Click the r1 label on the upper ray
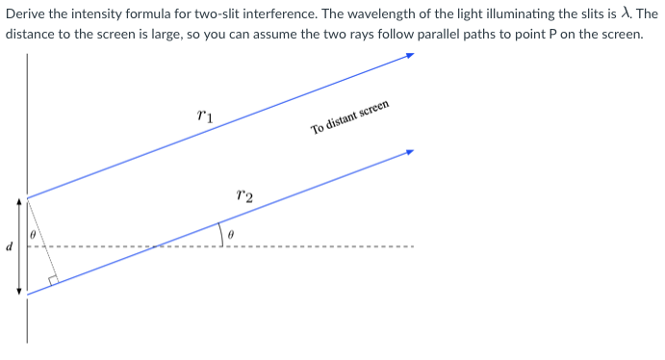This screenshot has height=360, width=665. pyautogui.click(x=204, y=116)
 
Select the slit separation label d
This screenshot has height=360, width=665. pyautogui.click(x=9, y=246)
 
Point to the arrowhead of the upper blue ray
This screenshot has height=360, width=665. pyautogui.click(x=409, y=56)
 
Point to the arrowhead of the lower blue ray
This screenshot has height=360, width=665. pyautogui.click(x=409, y=152)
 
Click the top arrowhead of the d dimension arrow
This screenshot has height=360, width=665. pyautogui.click(x=18, y=203)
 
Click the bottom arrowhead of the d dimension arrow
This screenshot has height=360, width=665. pyautogui.click(x=18, y=290)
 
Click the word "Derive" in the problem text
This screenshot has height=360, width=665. pyautogui.click(x=26, y=13)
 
